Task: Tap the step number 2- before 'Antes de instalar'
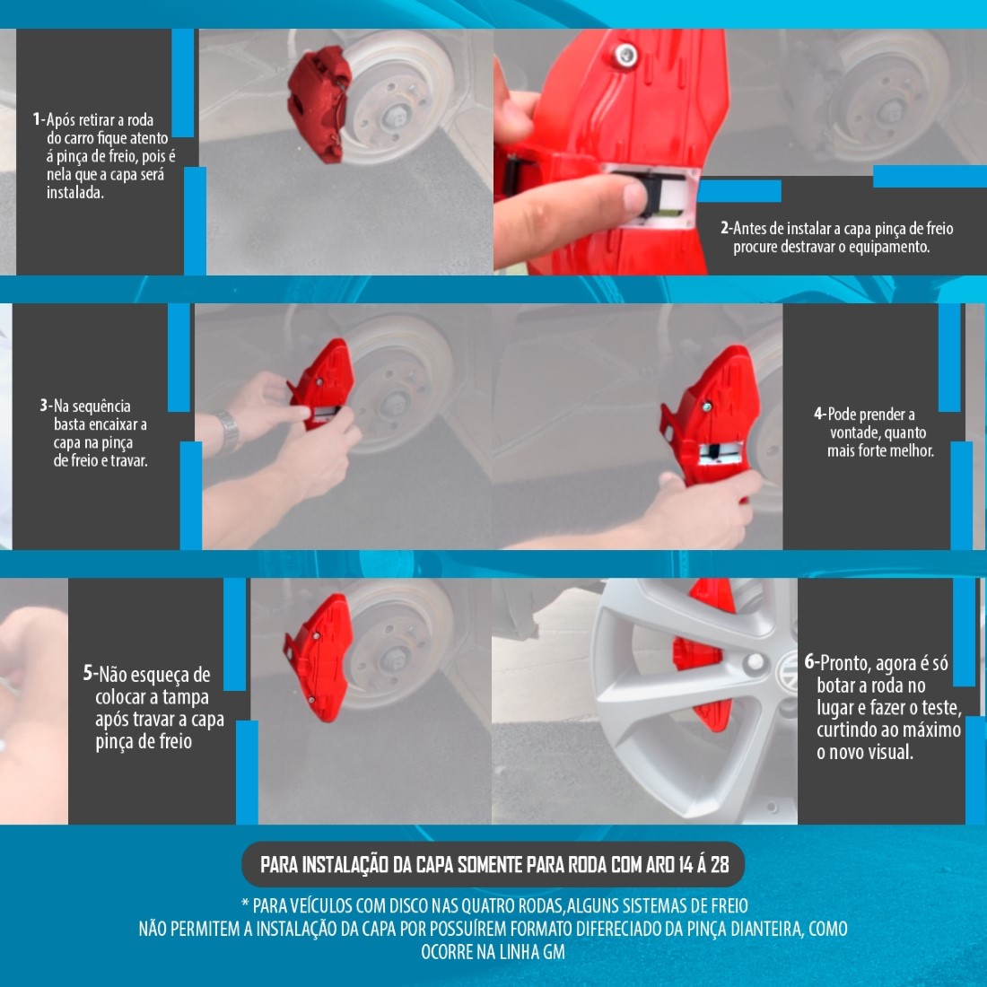(727, 229)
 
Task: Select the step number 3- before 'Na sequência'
(46, 406)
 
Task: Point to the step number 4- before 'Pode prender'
(820, 415)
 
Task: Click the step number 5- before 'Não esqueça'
(91, 674)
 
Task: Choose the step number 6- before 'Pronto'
(812, 663)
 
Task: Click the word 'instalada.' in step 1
(74, 193)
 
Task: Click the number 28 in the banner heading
(721, 865)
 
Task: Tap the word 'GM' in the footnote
(554, 952)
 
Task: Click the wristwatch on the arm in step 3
(228, 432)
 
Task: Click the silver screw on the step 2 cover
(625, 56)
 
